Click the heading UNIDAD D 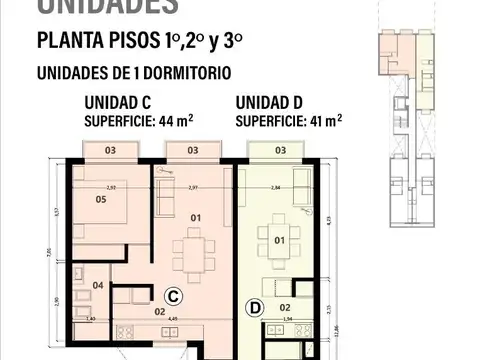tap(274, 102)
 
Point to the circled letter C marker tap(172, 296)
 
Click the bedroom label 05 tap(101, 200)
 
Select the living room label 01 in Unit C tap(197, 217)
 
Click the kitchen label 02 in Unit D tap(284, 307)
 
